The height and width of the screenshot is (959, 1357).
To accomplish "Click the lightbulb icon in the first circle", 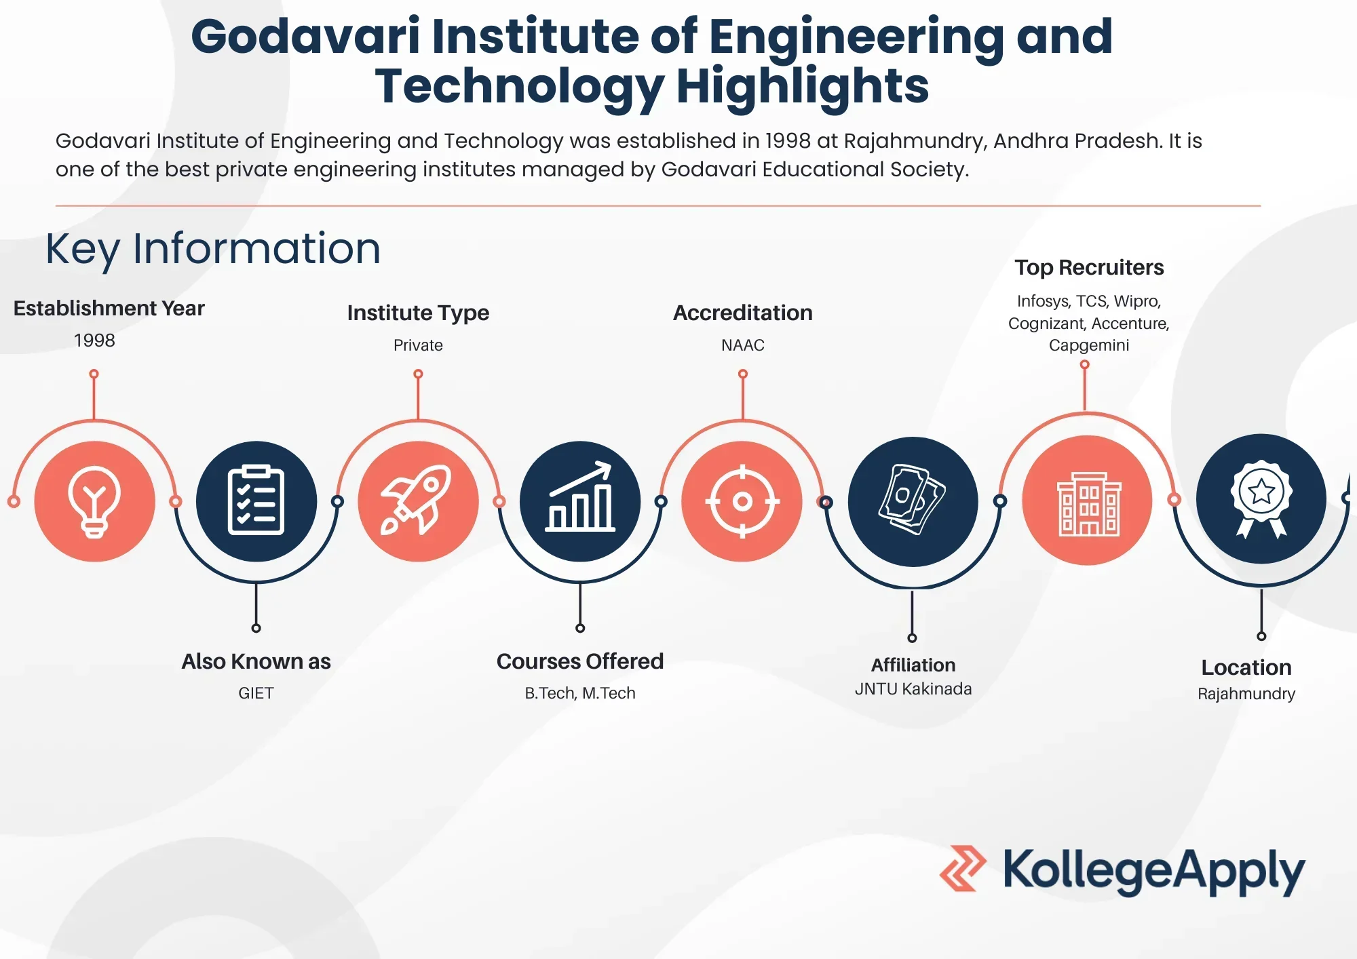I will click(x=94, y=502).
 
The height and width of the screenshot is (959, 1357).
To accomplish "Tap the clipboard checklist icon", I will click(x=256, y=501).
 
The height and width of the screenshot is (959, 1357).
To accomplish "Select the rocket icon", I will click(x=418, y=501).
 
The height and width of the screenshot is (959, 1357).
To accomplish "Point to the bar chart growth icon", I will click(x=580, y=498).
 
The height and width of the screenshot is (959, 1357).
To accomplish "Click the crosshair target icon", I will click(x=742, y=501).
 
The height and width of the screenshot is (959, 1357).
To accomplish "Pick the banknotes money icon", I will click(x=913, y=501).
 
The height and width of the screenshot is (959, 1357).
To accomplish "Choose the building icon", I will click(x=1088, y=503).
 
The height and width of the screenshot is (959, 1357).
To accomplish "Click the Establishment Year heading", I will click(x=109, y=309).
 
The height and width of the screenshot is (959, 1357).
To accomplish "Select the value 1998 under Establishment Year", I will click(x=94, y=340).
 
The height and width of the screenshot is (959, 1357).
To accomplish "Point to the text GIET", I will click(x=256, y=693).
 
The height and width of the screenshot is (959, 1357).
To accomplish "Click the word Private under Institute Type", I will click(x=418, y=345).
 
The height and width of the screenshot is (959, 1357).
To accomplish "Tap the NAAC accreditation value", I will click(x=742, y=345).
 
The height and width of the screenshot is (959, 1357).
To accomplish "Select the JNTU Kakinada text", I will click(x=913, y=689).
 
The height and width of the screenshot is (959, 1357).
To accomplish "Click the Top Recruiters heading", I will click(x=1089, y=268).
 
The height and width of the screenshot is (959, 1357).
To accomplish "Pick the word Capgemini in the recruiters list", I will click(x=1089, y=345).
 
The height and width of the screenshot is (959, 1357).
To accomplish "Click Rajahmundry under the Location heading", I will click(x=1246, y=694).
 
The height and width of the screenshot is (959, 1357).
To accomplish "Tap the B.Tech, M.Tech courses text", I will click(x=579, y=693).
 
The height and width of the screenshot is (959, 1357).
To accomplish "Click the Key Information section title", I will click(x=213, y=249).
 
